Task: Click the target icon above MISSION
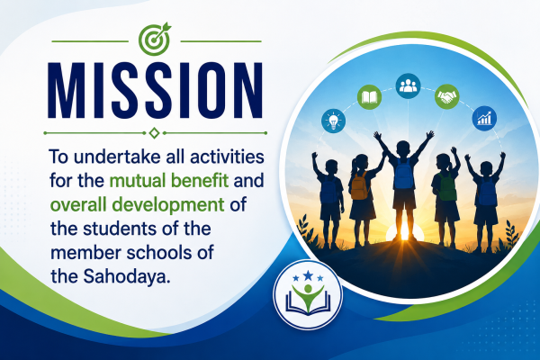tap(154, 40)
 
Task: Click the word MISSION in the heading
tap(156, 91)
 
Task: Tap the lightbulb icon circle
tap(333, 121)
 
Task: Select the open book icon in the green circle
tap(370, 97)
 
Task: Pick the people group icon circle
tap(408, 85)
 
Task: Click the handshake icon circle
tap(447, 96)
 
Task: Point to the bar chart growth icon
tap(484, 118)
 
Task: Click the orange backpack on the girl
tap(359, 185)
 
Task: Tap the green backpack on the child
tap(447, 187)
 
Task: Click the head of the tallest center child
tap(403, 148)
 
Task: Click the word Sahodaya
tap(127, 276)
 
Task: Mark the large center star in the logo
tap(308, 275)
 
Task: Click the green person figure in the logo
tap(308, 295)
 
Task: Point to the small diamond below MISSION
tap(154, 133)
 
